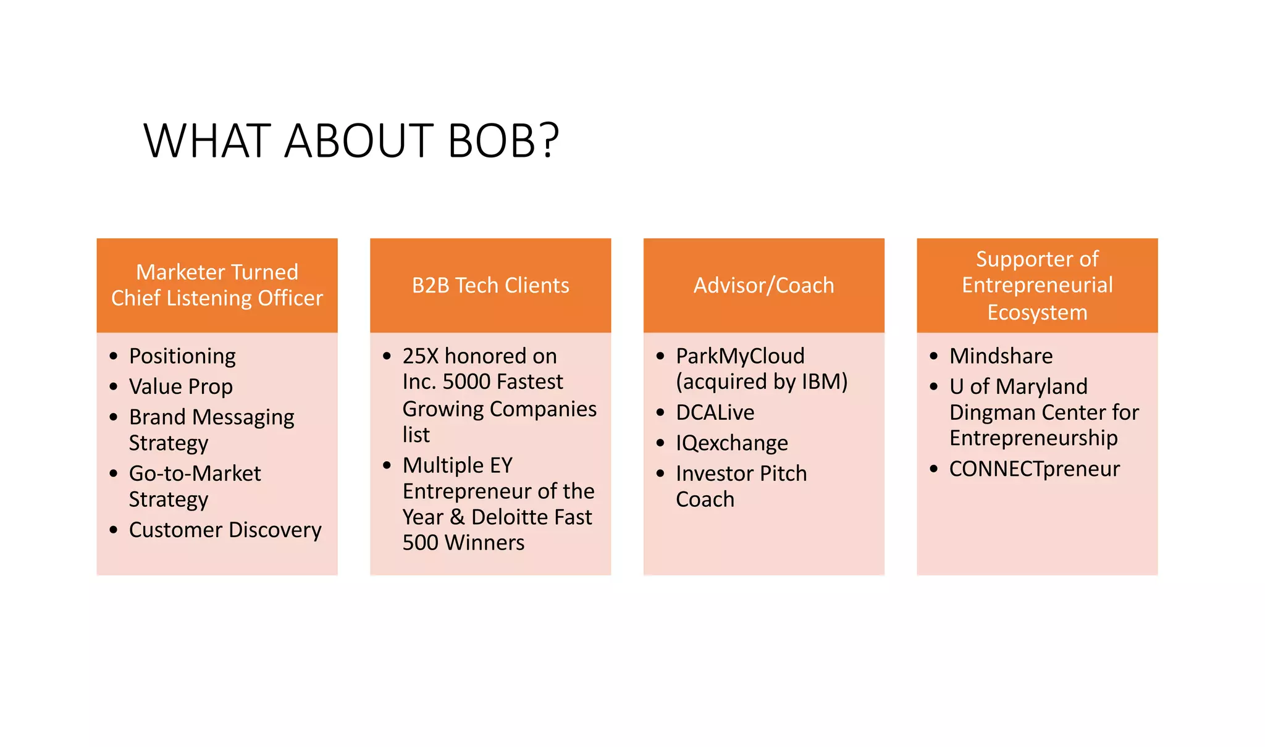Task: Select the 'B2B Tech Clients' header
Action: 490,285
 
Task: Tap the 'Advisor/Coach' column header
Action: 763,285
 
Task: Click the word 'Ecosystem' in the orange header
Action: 1037,312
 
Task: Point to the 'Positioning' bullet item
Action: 182,356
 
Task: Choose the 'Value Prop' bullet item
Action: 181,386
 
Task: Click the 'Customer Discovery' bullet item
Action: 225,530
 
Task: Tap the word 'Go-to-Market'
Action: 195,474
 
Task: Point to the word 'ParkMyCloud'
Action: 740,356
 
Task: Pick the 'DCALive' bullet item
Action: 715,412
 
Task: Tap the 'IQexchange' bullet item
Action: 731,443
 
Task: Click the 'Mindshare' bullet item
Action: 1001,356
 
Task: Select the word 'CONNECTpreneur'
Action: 1034,469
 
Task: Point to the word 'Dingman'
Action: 990,412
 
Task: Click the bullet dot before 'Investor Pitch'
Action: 660,474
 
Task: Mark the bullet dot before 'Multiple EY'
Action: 387,465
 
